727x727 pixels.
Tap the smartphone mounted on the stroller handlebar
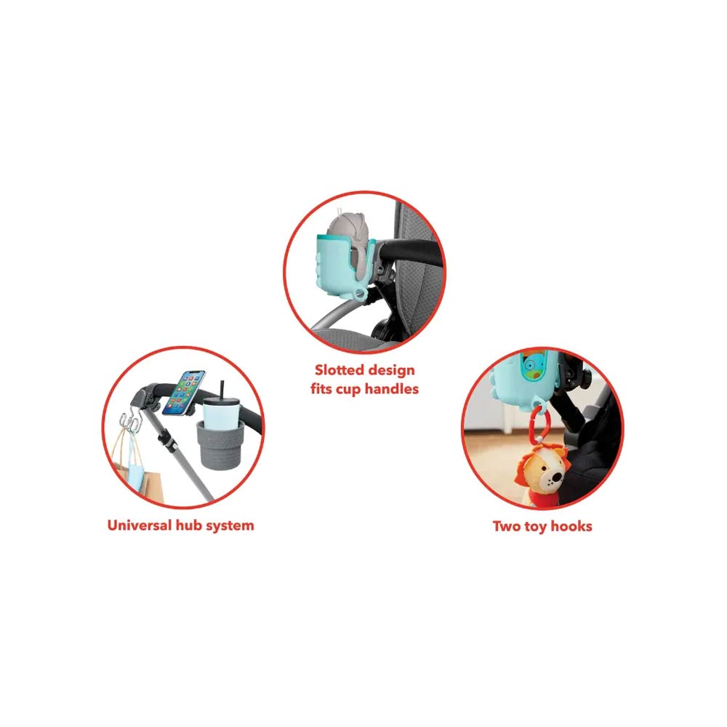[184, 393]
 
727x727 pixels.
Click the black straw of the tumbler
[222, 391]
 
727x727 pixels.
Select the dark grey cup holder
[220, 445]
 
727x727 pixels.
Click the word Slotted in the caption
[339, 370]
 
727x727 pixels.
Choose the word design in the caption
[392, 371]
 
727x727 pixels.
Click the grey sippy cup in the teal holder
[349, 241]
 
